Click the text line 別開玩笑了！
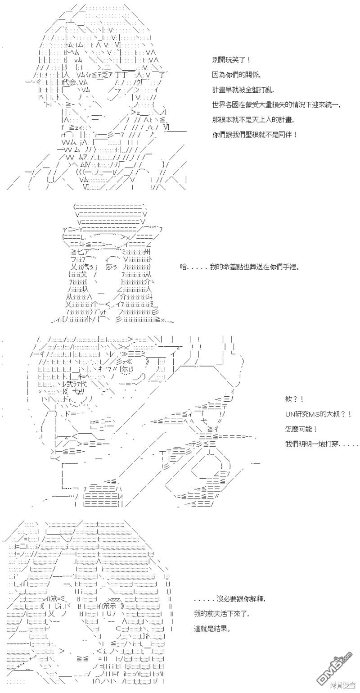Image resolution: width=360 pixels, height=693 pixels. pyautogui.click(x=231, y=59)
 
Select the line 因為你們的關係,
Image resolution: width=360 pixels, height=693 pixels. pyautogui.click(x=236, y=75)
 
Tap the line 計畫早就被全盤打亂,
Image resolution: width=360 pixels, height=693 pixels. pyautogui.click(x=243, y=90)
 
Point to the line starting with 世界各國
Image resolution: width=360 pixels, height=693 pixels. pyautogui.click(x=277, y=105)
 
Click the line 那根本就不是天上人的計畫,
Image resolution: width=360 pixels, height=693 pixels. pyautogui.click(x=253, y=120)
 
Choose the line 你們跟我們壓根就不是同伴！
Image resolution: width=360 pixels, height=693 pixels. pyautogui.click(x=255, y=135)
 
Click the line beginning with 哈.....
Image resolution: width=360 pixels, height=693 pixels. pyautogui.click(x=240, y=267)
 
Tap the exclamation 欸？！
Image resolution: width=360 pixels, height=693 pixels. pyautogui.click(x=294, y=399)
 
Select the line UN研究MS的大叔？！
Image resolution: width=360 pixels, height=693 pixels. pyautogui.click(x=318, y=414)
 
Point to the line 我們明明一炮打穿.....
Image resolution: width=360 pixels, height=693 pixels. pyautogui.click(x=322, y=444)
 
